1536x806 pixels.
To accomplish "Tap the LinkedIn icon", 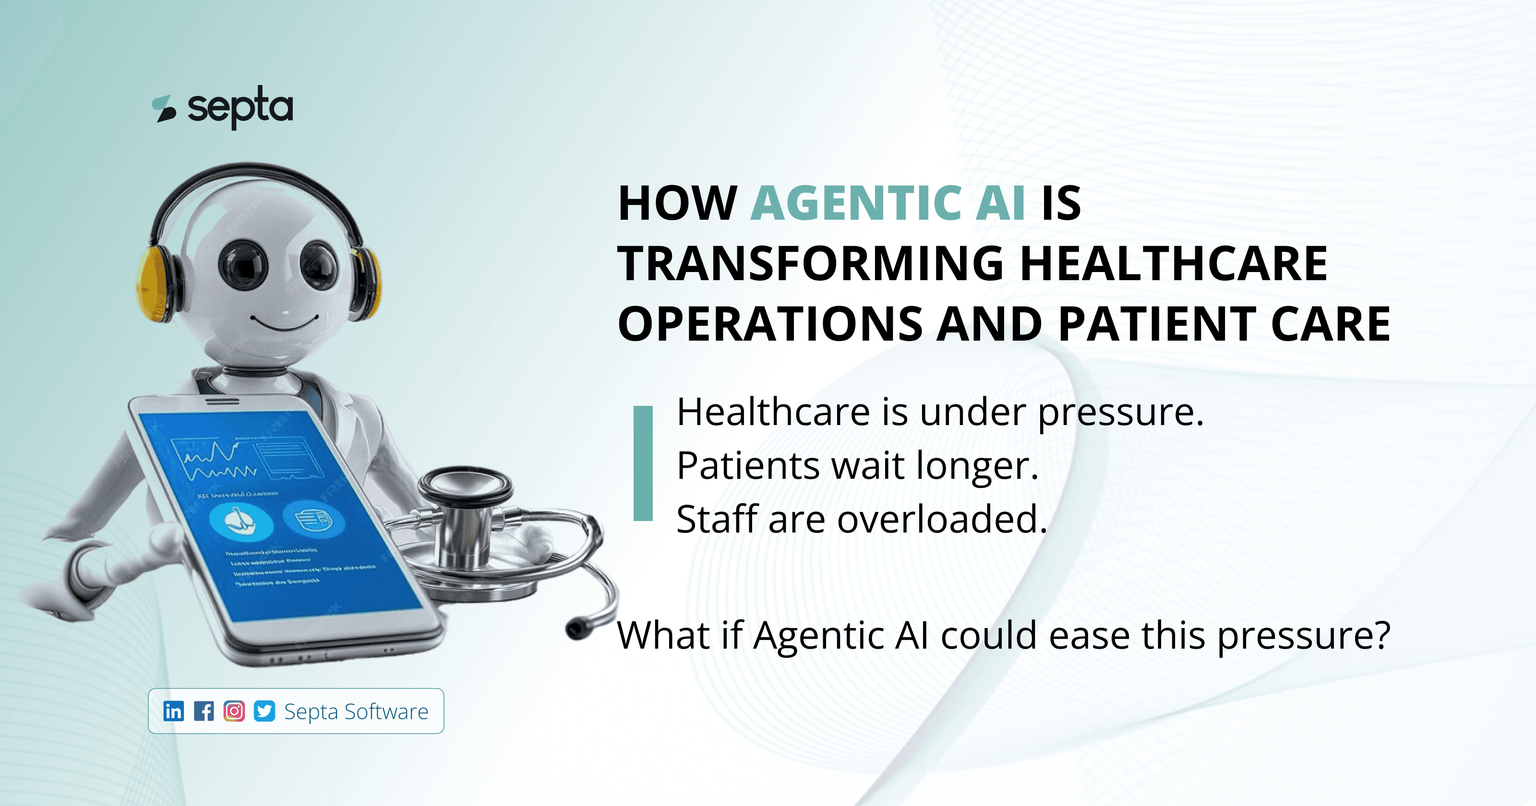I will (173, 711).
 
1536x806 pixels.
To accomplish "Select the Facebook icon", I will (204, 711).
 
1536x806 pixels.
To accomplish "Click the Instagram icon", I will (234, 711).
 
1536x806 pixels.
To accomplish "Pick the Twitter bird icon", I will (264, 711).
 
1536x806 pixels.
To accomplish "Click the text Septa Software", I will (356, 712).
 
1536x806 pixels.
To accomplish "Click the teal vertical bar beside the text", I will (643, 464).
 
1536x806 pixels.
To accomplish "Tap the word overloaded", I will (942, 519).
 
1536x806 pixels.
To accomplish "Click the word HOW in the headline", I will (677, 203).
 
